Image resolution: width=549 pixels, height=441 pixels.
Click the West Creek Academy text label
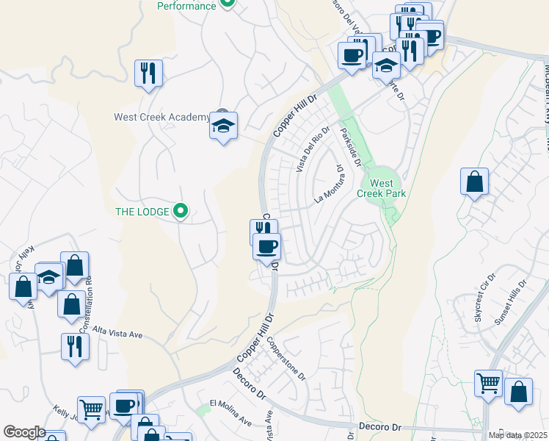[161, 118]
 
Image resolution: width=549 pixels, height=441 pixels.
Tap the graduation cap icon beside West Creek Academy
[223, 126]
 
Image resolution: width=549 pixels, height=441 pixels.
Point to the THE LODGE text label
[142, 212]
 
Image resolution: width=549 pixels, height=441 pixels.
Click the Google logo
[24, 432]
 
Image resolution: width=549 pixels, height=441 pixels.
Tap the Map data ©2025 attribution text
[518, 435]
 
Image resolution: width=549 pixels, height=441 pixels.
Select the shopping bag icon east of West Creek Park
[474, 182]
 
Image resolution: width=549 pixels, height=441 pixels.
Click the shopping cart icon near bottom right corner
[488, 382]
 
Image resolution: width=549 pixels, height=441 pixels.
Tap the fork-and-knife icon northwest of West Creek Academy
[149, 73]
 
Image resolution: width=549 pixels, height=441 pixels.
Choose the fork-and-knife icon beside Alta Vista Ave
[74, 345]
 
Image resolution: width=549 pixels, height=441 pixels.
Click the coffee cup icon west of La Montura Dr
[266, 246]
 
